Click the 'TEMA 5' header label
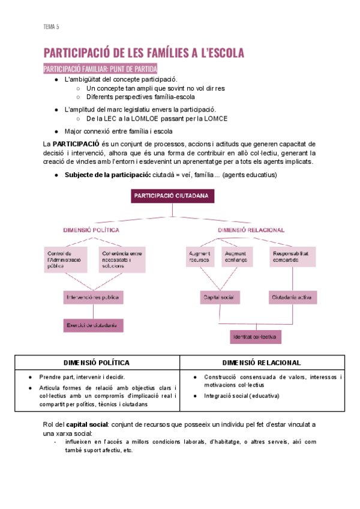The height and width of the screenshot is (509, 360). coord(51,26)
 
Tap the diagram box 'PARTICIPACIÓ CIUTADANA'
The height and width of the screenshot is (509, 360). coord(172,196)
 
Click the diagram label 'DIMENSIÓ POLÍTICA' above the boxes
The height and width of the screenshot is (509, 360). coord(91,230)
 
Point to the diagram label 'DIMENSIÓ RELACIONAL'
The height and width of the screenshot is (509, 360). coord(251,230)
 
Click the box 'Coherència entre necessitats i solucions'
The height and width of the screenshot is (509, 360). coord(122,259)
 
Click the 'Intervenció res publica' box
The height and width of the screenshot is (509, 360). coord(94,297)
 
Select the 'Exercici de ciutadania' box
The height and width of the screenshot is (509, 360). coord(93,325)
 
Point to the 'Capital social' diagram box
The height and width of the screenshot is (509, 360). coord(220,297)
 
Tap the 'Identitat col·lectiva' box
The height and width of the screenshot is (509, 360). coord(256,337)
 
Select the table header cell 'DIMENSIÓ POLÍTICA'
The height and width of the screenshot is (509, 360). coord(97,363)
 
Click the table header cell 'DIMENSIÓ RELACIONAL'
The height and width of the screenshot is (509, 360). coord(262,363)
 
